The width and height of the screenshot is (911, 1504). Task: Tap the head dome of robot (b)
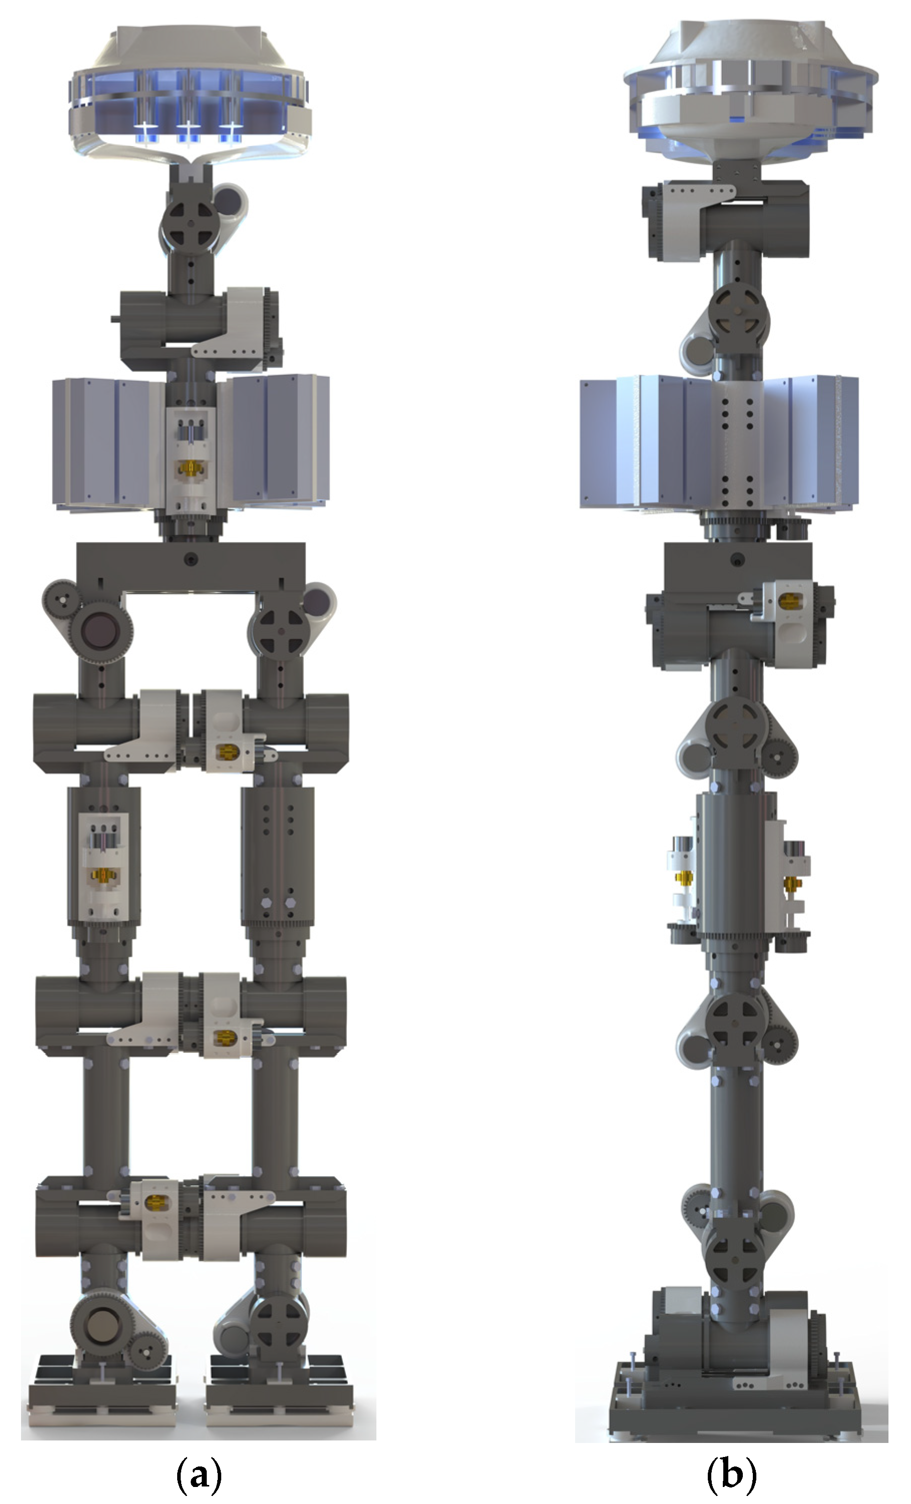tap(750, 92)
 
